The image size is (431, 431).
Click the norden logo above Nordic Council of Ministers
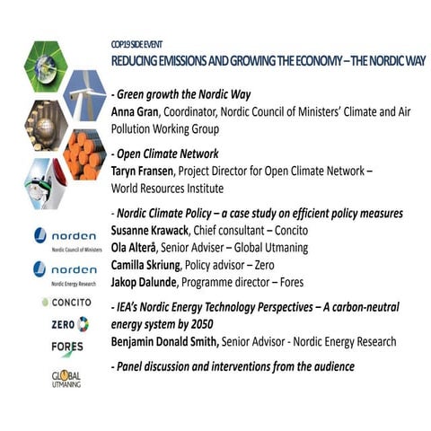(x=68, y=235)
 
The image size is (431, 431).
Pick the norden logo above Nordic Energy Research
(x=68, y=268)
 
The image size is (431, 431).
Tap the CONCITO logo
(x=67, y=303)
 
